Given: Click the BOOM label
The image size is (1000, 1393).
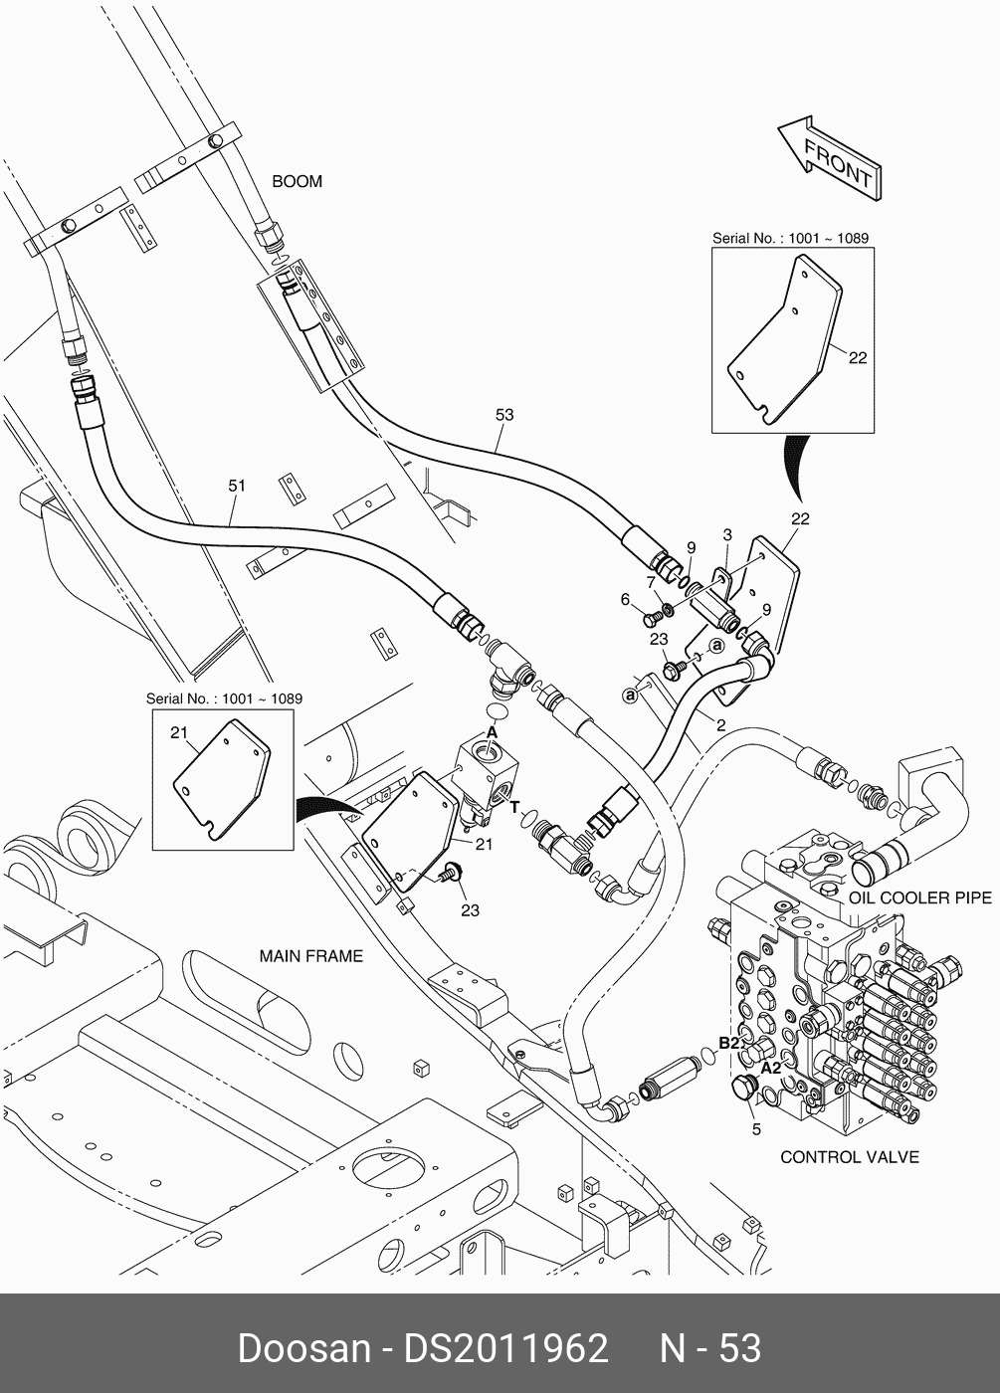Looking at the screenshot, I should pyautogui.click(x=298, y=182).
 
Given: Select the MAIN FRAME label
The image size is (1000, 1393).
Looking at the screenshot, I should pyautogui.click(x=311, y=956).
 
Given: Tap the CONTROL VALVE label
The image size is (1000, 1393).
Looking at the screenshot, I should pyautogui.click(x=849, y=1157).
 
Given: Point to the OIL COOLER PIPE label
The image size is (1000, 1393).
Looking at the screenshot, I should pyautogui.click(x=919, y=897).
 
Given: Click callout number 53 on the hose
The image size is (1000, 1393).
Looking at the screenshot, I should pyautogui.click(x=504, y=414).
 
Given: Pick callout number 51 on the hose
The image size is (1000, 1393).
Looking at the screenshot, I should pyautogui.click(x=237, y=486).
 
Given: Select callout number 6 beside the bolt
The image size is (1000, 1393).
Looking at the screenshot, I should pyautogui.click(x=625, y=599).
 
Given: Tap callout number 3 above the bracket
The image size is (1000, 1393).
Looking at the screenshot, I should pyautogui.click(x=727, y=535).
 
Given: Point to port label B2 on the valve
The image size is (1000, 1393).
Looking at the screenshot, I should pyautogui.click(x=729, y=1042).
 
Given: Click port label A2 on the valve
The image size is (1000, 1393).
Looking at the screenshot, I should pyautogui.click(x=771, y=1067).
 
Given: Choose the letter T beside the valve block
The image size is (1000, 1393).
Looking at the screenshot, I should pyautogui.click(x=514, y=807).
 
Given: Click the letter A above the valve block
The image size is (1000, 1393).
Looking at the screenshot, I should pyautogui.click(x=492, y=731).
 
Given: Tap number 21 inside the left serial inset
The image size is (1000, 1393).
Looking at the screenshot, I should pyautogui.click(x=179, y=733).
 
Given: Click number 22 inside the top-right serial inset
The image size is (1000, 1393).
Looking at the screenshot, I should pyautogui.click(x=857, y=358).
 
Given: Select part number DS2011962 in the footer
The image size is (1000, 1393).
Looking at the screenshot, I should pyautogui.click(x=504, y=1348).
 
